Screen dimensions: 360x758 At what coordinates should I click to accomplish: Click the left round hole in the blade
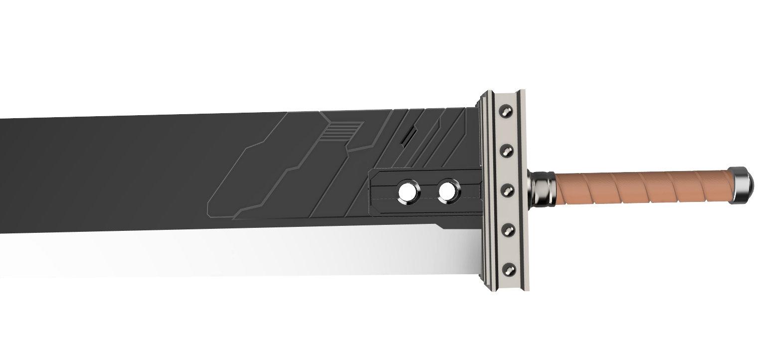tap(407, 192)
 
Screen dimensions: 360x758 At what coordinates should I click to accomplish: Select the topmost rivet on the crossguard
tap(507, 111)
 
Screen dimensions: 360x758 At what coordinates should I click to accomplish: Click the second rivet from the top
tap(507, 150)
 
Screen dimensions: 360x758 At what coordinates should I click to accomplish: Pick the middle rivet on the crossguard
tap(508, 190)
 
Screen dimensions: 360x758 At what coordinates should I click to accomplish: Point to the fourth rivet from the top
tap(508, 229)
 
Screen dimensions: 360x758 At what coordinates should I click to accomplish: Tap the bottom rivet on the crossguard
tap(509, 269)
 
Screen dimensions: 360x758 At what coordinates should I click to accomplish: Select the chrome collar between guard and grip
tap(542, 188)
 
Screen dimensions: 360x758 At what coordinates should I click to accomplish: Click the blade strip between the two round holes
tap(427, 192)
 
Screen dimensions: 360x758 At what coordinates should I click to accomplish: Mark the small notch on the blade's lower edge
tap(440, 227)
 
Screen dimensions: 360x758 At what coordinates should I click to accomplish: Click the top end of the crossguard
tap(501, 93)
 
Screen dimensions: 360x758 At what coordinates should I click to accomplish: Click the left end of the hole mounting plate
tap(372, 192)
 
